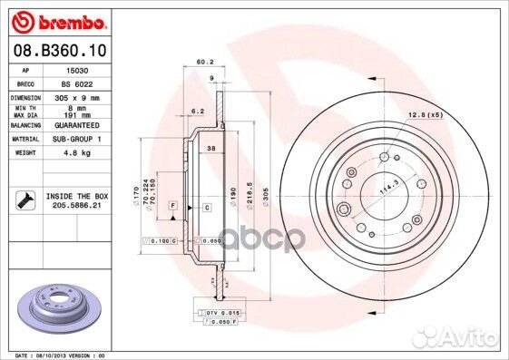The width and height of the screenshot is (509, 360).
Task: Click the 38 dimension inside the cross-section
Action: tap(210, 147)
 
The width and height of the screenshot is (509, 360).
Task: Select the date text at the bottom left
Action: tap(54, 355)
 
